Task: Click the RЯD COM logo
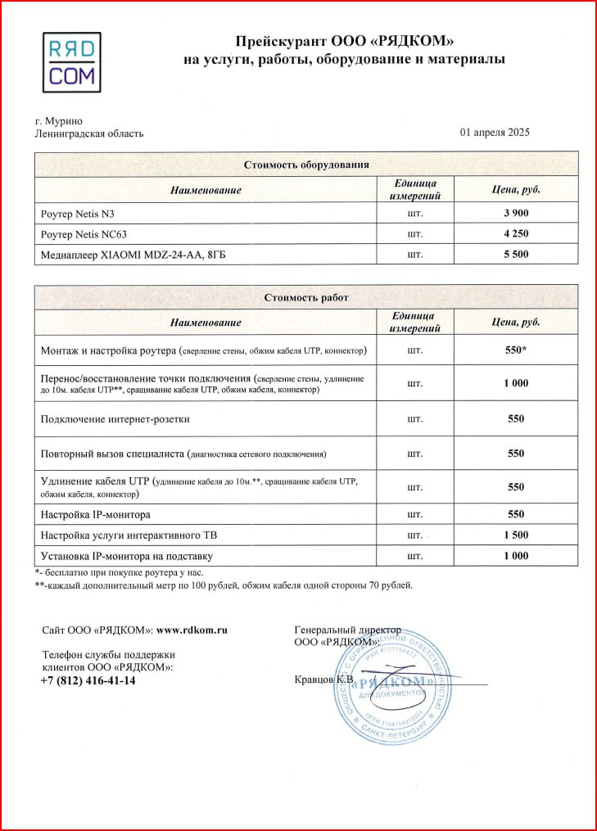(x=72, y=62)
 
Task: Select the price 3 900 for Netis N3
(x=514, y=215)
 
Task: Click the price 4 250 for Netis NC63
(x=514, y=234)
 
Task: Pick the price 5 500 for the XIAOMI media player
(x=514, y=255)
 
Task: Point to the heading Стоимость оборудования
(x=306, y=165)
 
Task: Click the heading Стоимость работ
(x=306, y=297)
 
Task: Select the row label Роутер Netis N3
(x=78, y=215)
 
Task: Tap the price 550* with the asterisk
(x=516, y=350)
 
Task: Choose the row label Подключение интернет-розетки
(x=115, y=419)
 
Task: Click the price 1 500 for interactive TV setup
(x=514, y=535)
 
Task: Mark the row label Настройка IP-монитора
(x=95, y=515)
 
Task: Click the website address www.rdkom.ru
(x=192, y=630)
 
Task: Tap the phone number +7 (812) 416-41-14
(x=88, y=680)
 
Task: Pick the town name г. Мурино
(x=58, y=120)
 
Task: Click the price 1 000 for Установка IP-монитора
(x=514, y=556)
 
